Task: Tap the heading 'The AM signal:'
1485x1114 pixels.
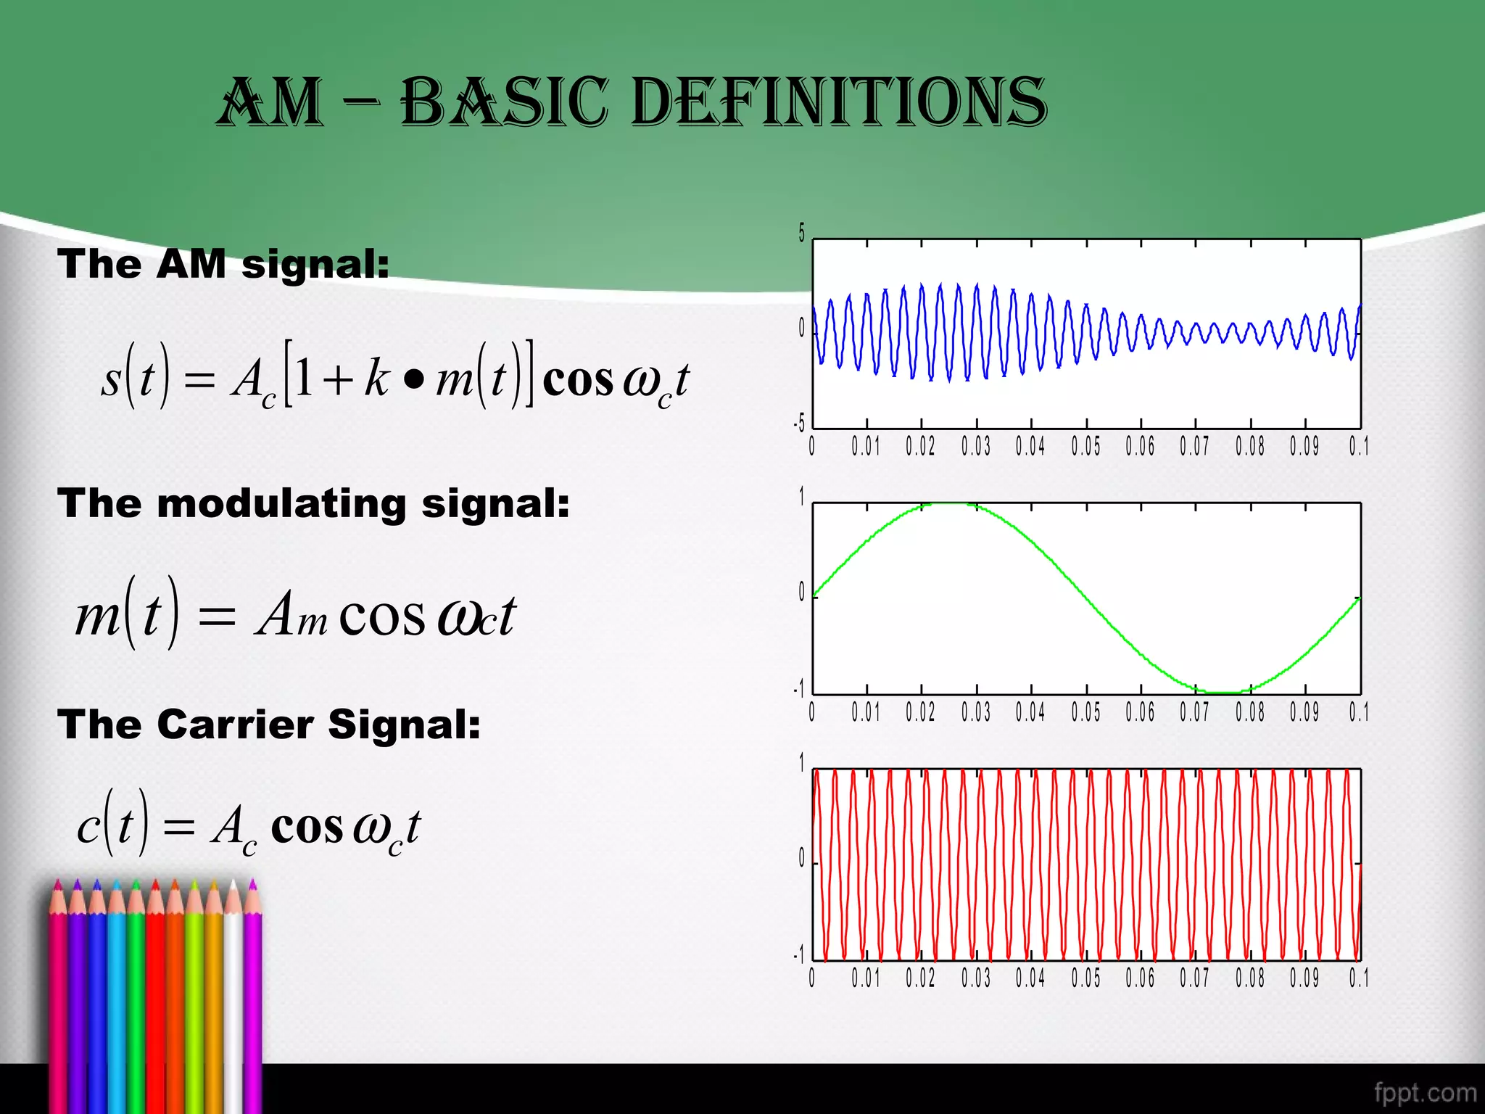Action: click(223, 263)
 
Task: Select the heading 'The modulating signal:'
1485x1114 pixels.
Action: click(313, 503)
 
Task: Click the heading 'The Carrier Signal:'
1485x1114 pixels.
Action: click(269, 724)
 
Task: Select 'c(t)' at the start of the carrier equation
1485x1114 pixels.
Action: click(112, 825)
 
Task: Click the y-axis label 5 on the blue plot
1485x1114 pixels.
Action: click(801, 233)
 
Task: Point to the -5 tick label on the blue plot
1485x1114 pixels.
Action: click(799, 423)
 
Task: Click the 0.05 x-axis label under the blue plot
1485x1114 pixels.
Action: click(1085, 446)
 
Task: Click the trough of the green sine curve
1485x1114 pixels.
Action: click(1223, 693)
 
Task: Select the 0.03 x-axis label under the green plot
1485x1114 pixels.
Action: click(976, 712)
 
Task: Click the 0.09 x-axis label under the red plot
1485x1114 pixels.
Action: click(1304, 978)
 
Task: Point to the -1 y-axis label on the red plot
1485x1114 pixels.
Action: click(799, 954)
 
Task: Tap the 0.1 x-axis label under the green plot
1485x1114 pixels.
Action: click(1358, 712)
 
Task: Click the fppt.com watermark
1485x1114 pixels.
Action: click(1425, 1092)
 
